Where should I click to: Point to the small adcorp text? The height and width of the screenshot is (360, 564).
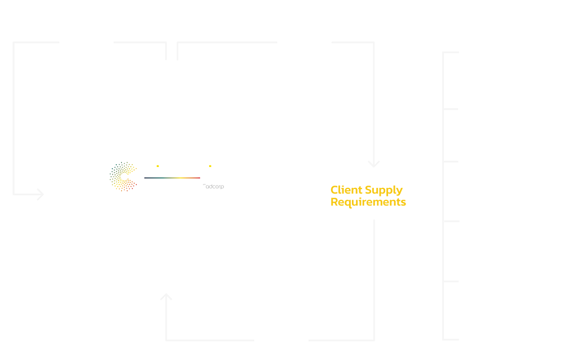tap(215, 186)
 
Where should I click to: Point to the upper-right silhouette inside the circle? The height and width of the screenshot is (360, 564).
tap(214, 111)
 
